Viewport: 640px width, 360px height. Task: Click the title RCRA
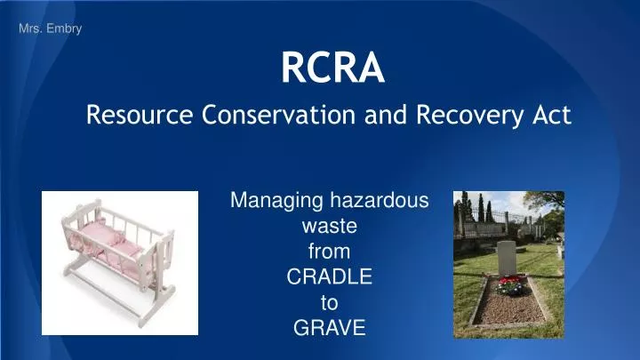[332, 68]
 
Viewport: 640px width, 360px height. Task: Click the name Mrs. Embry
[50, 29]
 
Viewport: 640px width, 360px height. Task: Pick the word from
[329, 252]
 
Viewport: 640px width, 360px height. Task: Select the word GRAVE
[329, 328]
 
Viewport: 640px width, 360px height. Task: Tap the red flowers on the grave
[509, 284]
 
